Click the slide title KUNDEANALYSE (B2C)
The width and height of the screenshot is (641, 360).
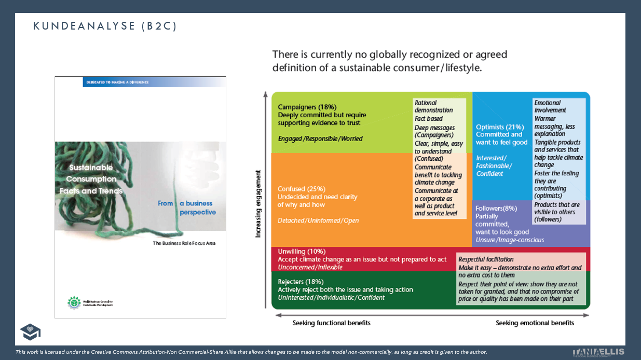(105, 26)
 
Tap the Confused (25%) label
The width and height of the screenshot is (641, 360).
(302, 189)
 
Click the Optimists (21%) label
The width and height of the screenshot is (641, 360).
(500, 127)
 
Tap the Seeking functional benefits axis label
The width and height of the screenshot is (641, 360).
(331, 323)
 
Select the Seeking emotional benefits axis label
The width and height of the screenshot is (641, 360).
(535, 323)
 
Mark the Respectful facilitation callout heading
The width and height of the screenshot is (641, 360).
(486, 259)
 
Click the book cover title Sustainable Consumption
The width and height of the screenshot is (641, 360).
(91, 173)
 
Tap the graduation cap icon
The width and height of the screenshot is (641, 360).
(30, 332)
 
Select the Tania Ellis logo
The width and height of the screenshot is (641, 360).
(598, 351)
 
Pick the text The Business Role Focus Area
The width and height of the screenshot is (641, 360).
(184, 243)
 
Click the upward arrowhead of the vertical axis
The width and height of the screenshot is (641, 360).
(265, 95)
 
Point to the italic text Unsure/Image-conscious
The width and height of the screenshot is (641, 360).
(510, 240)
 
